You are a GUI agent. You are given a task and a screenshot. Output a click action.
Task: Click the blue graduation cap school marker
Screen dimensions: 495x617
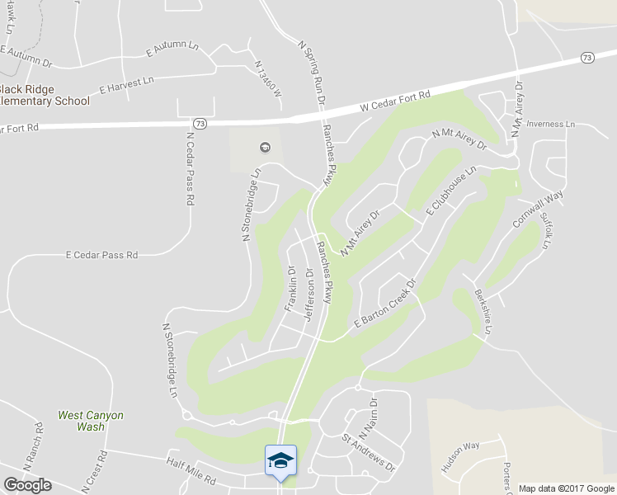pos(280,460)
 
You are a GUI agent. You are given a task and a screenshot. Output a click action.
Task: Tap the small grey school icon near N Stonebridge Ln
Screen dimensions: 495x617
pos(265,148)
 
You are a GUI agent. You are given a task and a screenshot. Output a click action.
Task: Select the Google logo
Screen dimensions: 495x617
pos(27,485)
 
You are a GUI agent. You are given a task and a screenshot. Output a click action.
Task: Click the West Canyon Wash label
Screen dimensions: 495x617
pos(91,421)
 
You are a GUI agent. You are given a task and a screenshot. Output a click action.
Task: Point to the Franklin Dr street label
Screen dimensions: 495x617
pos(290,288)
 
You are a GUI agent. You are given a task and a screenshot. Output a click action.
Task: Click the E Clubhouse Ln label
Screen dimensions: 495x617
pos(451,191)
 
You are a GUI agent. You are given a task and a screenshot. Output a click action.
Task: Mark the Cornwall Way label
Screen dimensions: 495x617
pos(538,209)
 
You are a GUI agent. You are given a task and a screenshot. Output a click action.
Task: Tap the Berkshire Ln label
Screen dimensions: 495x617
pos(483,312)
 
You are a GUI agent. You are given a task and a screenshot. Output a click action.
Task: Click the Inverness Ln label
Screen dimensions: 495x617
pos(550,125)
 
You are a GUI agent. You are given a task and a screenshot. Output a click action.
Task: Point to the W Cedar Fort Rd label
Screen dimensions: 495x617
pos(396,101)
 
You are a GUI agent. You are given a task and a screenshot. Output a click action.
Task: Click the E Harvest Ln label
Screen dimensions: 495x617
pos(126,83)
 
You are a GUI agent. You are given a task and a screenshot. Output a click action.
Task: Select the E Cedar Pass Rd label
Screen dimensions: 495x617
pos(101,256)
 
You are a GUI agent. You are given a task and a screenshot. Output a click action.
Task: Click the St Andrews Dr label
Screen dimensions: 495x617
pos(369,454)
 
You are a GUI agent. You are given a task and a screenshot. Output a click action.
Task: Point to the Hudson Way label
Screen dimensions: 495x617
pos(460,458)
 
